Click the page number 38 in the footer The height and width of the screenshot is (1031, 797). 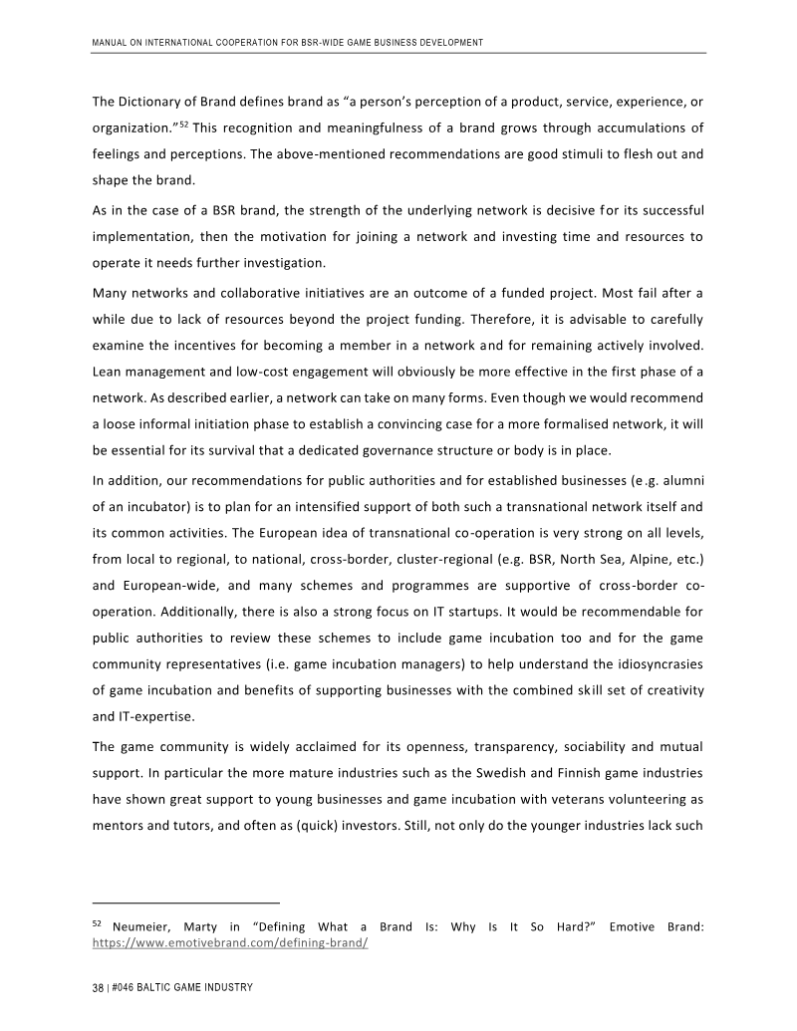coord(98,987)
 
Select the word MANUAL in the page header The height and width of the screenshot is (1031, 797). coord(110,43)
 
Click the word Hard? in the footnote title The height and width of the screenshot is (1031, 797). coord(569,927)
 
